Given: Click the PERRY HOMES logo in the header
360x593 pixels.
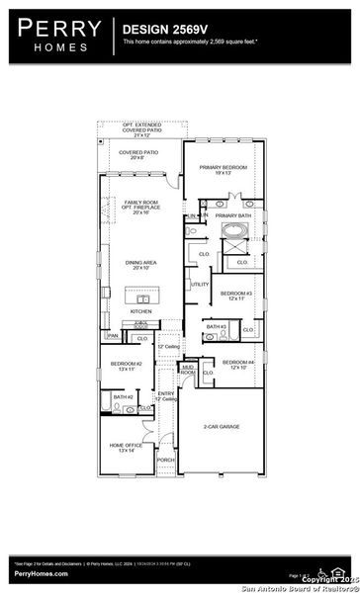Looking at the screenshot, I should coord(55,38).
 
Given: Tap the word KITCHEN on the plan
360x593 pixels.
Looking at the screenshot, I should coord(141,311).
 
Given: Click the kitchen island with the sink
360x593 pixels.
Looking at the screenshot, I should coord(137,296).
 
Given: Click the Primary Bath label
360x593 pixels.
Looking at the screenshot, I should coord(233,214).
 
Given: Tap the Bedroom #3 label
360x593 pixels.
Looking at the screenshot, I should coord(236,296).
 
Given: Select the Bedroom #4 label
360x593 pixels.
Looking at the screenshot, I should coord(238,364).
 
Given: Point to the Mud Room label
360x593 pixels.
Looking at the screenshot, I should coord(188,370).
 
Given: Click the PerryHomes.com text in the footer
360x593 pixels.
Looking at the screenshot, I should coord(40,573).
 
